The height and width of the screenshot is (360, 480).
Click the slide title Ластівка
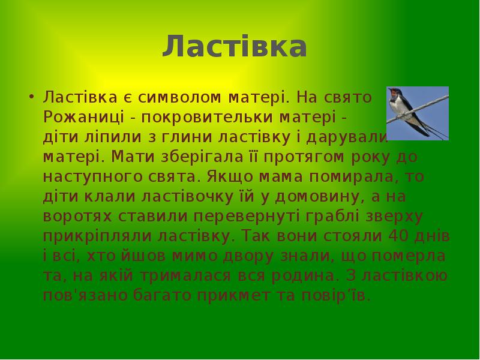[x=235, y=47]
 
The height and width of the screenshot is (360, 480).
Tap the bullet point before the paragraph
[x=29, y=96]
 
